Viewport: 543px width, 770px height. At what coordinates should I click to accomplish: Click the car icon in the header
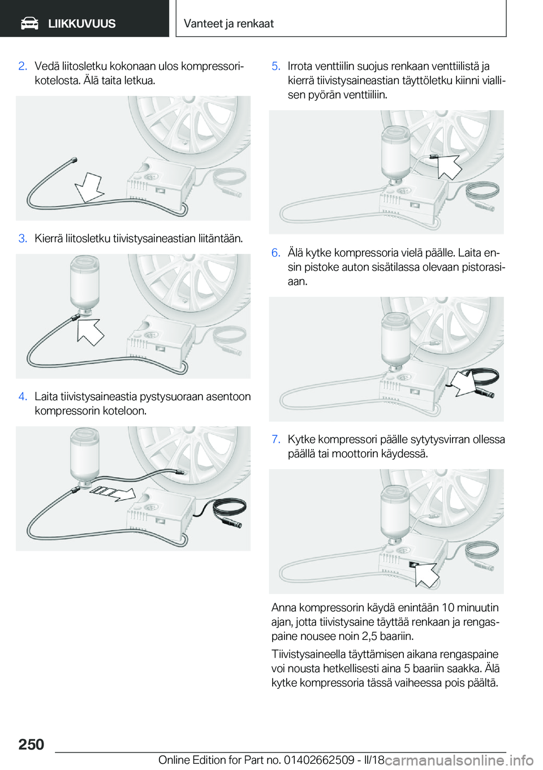click(29, 24)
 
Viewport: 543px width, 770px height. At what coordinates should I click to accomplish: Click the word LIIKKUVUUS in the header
click(82, 24)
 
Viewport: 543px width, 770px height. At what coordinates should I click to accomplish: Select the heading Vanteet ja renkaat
click(229, 23)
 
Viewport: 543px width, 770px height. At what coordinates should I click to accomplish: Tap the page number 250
click(31, 745)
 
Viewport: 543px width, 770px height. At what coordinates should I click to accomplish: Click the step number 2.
click(23, 66)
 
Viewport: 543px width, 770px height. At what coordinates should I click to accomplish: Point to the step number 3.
click(23, 238)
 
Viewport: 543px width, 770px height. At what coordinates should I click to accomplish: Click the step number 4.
click(23, 396)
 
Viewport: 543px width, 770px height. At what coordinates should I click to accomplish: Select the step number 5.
click(276, 66)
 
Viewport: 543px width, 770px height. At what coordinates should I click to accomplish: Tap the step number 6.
click(276, 253)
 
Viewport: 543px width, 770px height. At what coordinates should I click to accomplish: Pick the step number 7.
click(276, 439)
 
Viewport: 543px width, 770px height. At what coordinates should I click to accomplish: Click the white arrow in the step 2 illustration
click(89, 188)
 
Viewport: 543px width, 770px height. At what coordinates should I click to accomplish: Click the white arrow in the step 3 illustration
click(90, 332)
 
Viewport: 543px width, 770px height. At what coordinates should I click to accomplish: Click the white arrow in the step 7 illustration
click(425, 574)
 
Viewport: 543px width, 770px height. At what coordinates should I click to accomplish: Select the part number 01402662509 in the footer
click(320, 760)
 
